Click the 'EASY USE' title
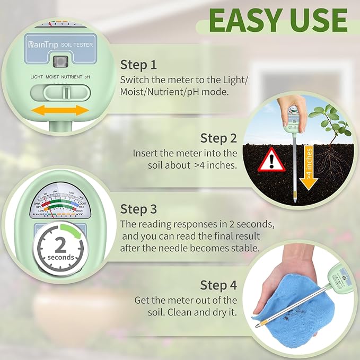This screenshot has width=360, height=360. (x=278, y=20)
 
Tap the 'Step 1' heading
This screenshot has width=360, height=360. (x=138, y=65)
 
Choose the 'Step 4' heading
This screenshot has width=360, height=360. (x=218, y=285)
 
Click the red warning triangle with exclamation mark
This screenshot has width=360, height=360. (x=271, y=159)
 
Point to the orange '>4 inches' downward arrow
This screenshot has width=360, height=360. (x=308, y=167)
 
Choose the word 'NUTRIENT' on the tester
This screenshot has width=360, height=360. (x=72, y=77)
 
